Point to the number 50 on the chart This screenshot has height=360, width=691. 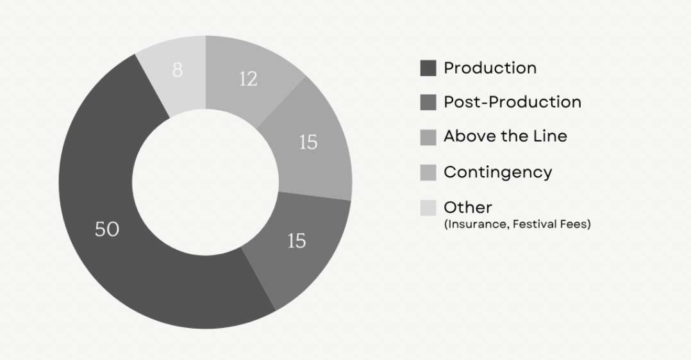(107, 229)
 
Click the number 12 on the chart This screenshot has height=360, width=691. (248, 79)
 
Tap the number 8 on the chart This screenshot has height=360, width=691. (177, 70)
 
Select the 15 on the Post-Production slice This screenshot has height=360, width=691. (297, 241)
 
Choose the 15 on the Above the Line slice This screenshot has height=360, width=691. (308, 142)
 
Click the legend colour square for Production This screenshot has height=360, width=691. (428, 69)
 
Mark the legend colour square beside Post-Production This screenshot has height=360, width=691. (428, 102)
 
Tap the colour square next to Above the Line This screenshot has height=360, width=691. (428, 138)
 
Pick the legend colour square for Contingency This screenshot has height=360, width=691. (428, 173)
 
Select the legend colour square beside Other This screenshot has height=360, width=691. (428, 208)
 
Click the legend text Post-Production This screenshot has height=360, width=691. (513, 102)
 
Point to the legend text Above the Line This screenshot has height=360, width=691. (506, 136)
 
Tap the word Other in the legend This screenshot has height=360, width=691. (468, 208)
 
